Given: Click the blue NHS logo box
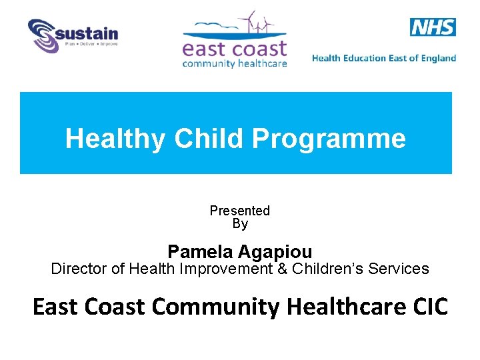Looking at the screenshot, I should (433, 27).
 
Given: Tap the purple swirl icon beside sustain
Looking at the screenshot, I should (43, 36).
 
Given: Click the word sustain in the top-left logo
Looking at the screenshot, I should (88, 33).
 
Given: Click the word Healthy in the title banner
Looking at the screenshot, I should (116, 139).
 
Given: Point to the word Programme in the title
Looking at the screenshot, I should (329, 139).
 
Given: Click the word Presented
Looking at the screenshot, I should (239, 211).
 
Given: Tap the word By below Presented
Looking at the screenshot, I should (239, 224).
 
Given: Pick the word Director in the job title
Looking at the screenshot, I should (77, 269).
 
